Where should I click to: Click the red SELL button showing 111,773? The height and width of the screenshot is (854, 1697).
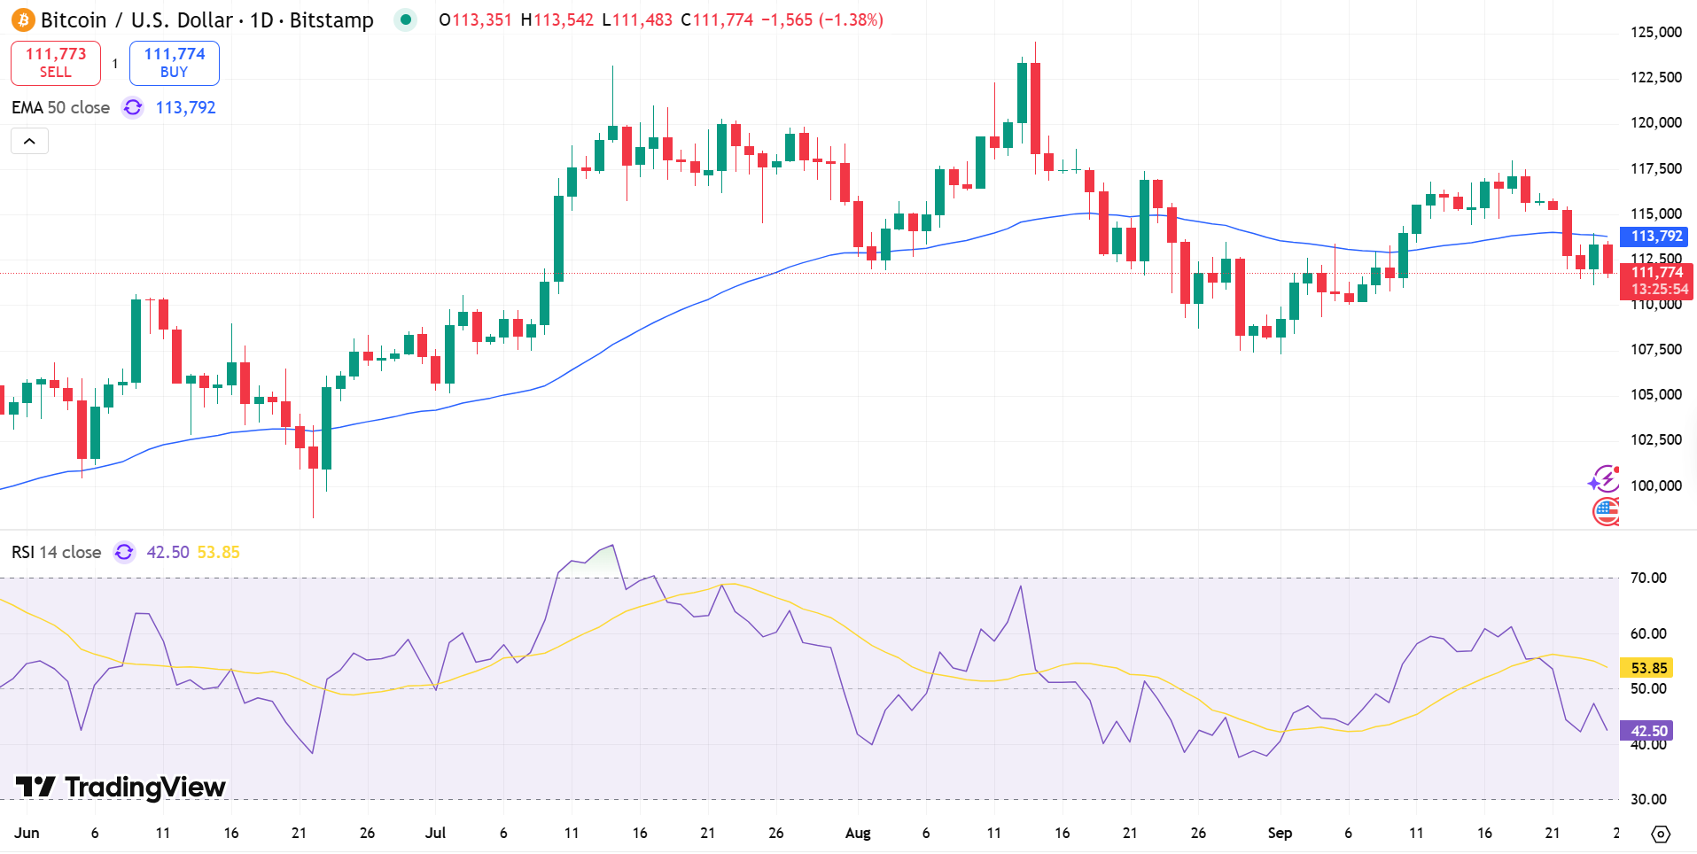(56, 63)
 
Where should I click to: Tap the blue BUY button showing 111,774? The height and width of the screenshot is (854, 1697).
(175, 63)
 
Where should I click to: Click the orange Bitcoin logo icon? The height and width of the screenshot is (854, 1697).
(23, 19)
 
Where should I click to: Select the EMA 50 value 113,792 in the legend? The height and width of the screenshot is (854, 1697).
(185, 108)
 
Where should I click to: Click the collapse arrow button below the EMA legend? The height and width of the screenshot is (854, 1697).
(29, 142)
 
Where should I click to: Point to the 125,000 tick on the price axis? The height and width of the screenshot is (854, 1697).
(1655, 33)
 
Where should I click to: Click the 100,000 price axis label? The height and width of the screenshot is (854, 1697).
(1655, 485)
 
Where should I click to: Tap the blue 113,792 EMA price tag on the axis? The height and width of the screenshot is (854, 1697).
(1655, 237)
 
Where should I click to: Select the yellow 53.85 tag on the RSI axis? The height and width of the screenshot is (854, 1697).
(1648, 668)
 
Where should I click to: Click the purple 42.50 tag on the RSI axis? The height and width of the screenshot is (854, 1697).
(1648, 731)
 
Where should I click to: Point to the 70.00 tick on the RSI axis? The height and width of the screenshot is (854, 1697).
(1648, 578)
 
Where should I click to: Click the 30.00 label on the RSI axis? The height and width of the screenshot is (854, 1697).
(1648, 799)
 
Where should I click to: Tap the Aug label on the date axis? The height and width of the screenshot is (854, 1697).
(858, 833)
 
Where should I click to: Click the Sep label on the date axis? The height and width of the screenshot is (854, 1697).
(1280, 833)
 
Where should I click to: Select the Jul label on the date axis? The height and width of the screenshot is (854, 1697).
(435, 833)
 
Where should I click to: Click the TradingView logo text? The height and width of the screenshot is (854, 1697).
(144, 787)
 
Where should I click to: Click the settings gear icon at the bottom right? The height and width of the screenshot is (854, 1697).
(1661, 834)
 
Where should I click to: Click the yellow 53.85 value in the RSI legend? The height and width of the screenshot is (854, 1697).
(218, 553)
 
